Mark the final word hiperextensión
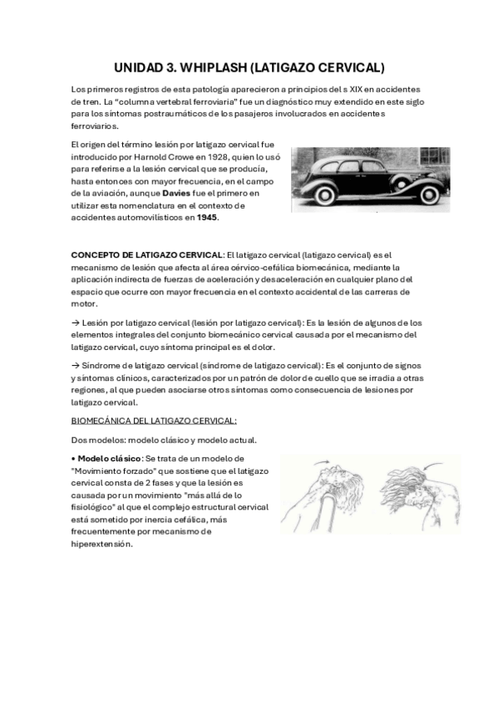tap(101, 545)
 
